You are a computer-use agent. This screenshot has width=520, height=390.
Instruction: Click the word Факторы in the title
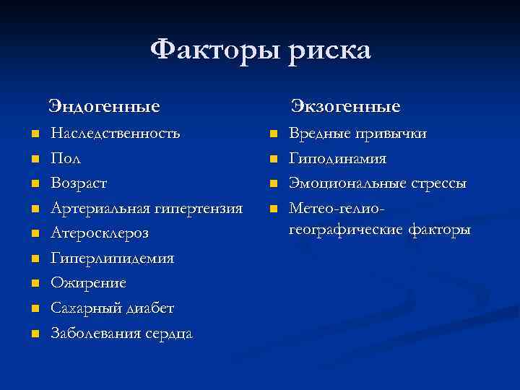216,51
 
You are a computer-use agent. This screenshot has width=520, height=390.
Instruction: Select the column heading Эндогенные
104,108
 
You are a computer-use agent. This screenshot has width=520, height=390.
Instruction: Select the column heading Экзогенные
345,108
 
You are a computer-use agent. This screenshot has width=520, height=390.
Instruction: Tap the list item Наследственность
116,134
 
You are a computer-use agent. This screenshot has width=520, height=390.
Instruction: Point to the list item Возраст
78,184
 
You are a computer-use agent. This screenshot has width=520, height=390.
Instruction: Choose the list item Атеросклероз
99,234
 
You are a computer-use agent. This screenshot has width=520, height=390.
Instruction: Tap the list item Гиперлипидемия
112,259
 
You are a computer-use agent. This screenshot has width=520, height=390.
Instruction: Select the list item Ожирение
88,283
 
